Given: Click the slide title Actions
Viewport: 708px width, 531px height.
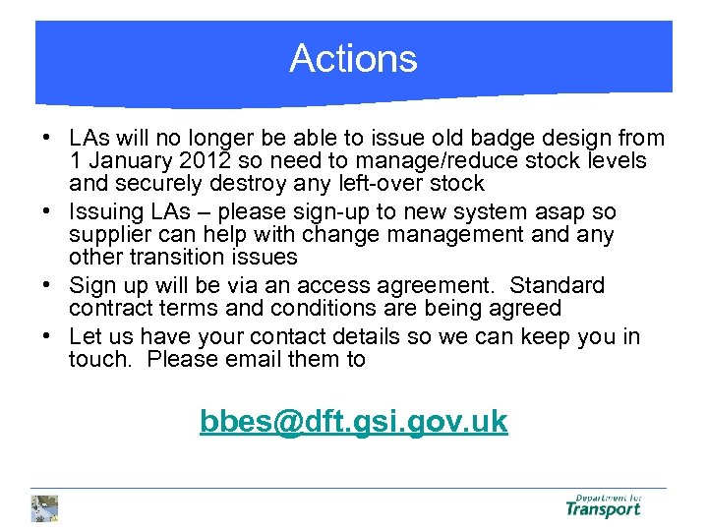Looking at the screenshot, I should (353, 59).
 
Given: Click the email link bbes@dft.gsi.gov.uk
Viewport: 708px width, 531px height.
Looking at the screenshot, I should (353, 422).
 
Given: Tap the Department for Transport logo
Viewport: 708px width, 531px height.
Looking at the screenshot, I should (603, 505).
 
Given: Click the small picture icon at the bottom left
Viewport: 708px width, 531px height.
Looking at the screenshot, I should (44, 507).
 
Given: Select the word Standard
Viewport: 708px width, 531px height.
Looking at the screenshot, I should (553, 286).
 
